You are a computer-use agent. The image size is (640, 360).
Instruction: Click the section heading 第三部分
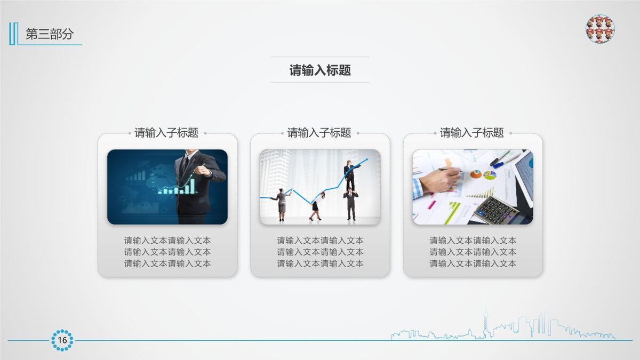click(x=50, y=34)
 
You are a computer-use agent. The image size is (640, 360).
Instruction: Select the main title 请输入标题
click(x=320, y=70)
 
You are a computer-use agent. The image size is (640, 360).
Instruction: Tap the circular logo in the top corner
click(x=600, y=29)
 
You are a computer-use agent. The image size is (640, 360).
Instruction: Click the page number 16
click(x=62, y=340)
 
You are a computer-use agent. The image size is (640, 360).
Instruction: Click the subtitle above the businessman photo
click(x=166, y=133)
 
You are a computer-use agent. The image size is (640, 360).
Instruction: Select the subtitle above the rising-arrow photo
click(x=319, y=133)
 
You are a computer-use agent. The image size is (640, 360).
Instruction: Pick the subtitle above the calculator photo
click(x=471, y=133)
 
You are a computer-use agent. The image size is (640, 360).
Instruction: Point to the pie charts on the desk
click(x=483, y=174)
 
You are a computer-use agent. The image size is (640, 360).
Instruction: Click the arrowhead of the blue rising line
click(x=365, y=160)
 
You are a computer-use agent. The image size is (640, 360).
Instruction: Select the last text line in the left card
click(x=167, y=263)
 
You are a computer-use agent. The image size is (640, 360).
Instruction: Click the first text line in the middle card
click(x=320, y=241)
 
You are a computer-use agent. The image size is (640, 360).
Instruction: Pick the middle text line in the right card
click(x=473, y=252)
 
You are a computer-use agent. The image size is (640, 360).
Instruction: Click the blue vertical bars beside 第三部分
click(x=13, y=34)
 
